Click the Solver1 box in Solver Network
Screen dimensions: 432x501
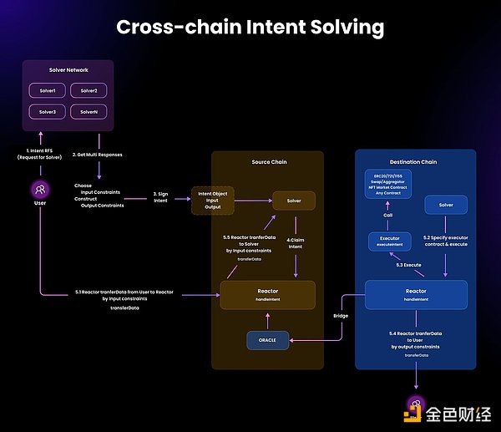click(x=48, y=89)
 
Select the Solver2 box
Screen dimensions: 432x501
click(x=89, y=89)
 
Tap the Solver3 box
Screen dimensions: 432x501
click(x=48, y=111)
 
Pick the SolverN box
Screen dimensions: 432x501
click(x=89, y=111)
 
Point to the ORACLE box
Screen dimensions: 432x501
click(x=267, y=341)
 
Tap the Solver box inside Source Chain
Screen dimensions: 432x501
click(x=293, y=201)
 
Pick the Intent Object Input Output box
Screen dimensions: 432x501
click(x=213, y=201)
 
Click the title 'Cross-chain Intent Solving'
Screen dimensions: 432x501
click(x=250, y=27)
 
